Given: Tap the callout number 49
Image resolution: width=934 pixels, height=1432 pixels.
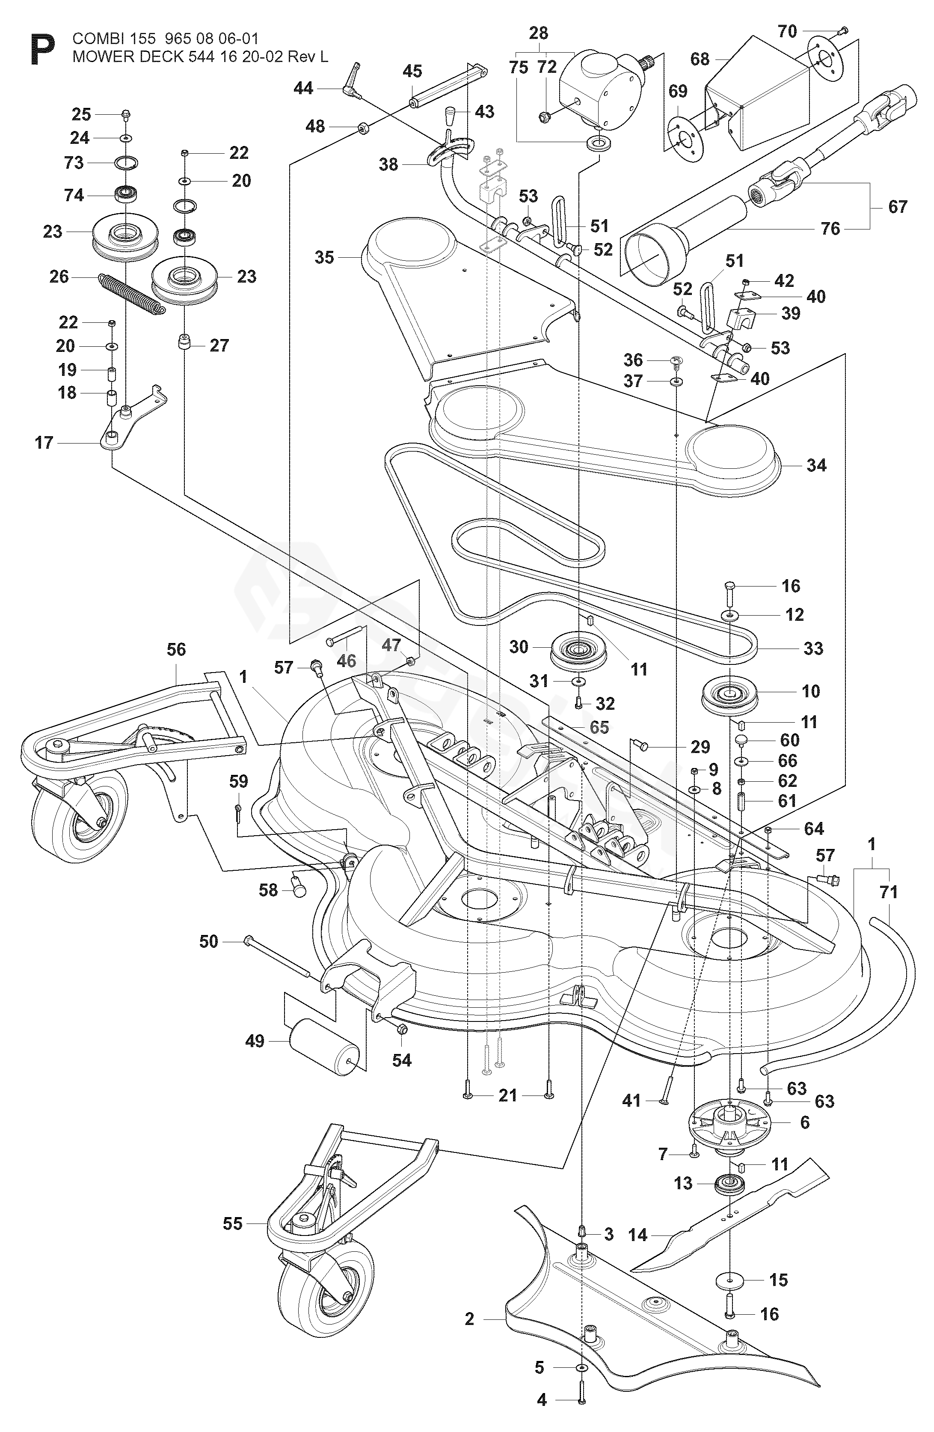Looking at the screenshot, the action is click(255, 1040).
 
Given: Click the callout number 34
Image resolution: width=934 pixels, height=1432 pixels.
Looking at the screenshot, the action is click(816, 464).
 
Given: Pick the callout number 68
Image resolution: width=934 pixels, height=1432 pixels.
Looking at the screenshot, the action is click(700, 59).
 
